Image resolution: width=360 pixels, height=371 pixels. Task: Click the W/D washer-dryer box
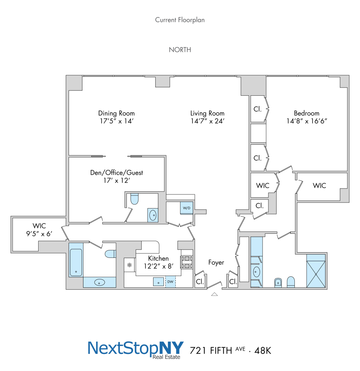[x=186, y=208]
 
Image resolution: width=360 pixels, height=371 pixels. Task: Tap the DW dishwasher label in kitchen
[x=170, y=282]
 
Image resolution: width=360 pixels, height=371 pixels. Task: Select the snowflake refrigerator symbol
[x=129, y=265]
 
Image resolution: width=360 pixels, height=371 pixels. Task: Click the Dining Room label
[x=116, y=113]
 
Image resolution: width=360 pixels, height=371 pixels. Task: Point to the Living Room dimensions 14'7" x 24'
[x=207, y=121]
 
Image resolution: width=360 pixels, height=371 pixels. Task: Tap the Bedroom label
[x=306, y=113]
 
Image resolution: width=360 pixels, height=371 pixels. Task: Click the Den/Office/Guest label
[x=117, y=173]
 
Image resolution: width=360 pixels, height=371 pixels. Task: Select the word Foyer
[x=216, y=263]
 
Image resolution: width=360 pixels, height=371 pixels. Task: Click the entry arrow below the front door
[x=214, y=294]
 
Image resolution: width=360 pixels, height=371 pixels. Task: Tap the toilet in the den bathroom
[x=134, y=200]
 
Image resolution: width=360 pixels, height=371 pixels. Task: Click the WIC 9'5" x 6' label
[x=39, y=229]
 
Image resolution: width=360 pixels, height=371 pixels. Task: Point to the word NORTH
[x=180, y=50]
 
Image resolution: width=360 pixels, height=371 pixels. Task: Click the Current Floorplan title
[x=180, y=20]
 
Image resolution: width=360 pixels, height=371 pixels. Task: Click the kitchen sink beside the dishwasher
[x=159, y=282]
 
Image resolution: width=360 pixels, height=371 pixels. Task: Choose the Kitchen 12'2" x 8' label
[x=158, y=262]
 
